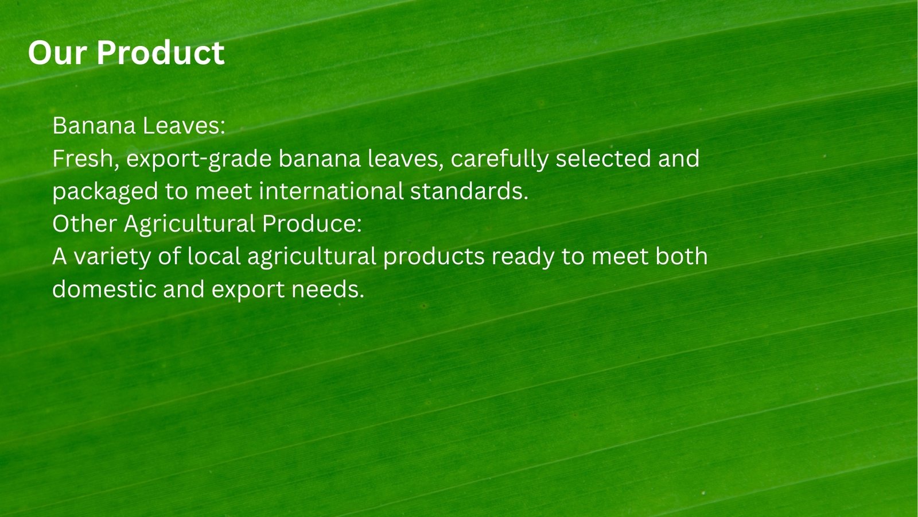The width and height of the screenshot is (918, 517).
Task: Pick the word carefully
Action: [500, 159]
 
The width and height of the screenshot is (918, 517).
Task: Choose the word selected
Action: [603, 159]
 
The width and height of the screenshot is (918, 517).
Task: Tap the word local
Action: [214, 256]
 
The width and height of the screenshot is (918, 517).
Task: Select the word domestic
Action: [104, 290]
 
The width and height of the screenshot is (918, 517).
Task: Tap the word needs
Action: [328, 290]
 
